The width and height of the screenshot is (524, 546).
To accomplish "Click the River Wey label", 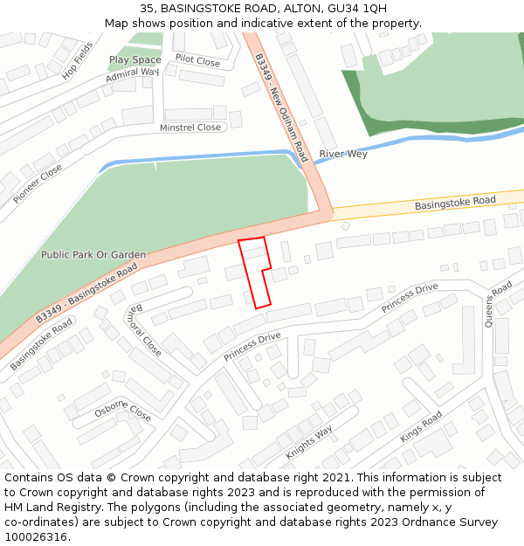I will [343, 154].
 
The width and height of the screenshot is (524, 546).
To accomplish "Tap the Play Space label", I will [134, 60].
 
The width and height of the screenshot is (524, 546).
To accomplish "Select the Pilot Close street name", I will [197, 60].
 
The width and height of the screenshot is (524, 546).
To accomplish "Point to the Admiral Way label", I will [133, 77].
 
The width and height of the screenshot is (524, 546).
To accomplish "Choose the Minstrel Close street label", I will [190, 128].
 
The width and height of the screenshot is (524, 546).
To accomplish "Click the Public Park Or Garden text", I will [93, 255].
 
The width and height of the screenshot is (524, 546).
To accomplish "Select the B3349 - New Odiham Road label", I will [281, 107].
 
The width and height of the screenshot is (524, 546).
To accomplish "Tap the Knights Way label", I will [309, 443].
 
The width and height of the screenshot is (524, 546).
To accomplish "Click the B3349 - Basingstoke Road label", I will [87, 294].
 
